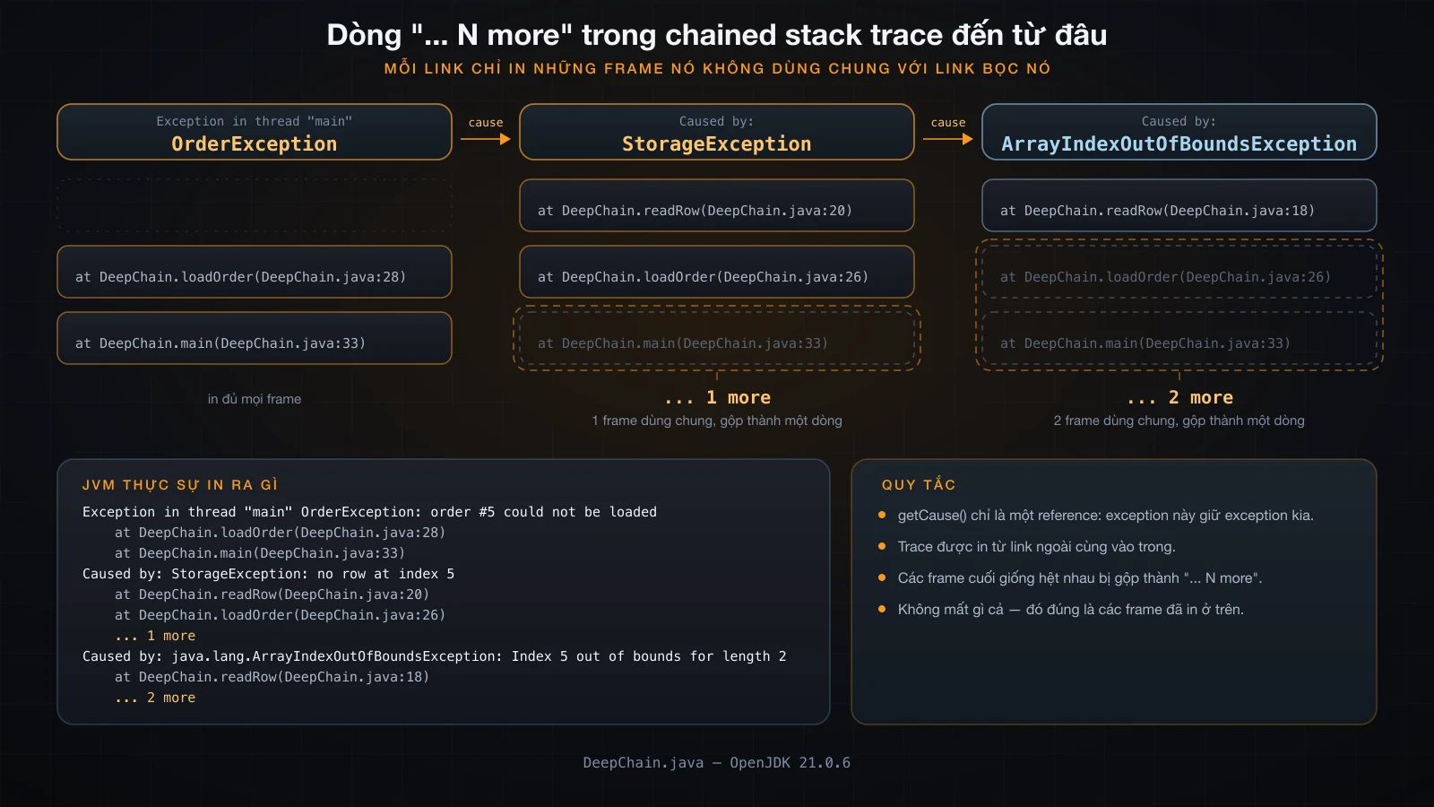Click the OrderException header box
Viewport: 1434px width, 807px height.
255,132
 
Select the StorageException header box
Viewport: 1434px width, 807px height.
716,132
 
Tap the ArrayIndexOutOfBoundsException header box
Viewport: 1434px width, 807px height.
1179,132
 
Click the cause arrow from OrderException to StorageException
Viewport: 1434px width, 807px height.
485,138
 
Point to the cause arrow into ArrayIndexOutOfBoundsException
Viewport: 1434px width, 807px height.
947,138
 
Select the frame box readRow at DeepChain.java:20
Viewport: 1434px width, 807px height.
716,205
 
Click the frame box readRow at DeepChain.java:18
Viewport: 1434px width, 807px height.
1179,205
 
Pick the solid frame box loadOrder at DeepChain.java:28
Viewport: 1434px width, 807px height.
255,272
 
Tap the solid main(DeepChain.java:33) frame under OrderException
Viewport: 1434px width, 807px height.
255,338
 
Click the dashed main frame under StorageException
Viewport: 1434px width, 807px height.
716,338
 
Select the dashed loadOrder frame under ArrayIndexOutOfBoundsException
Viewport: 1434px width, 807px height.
1179,272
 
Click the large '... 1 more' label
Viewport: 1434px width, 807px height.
717,398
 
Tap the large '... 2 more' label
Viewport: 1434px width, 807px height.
1179,398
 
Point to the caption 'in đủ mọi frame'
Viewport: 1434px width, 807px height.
255,399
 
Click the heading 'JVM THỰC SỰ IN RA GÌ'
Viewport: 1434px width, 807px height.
180,485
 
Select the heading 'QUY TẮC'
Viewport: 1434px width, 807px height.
919,485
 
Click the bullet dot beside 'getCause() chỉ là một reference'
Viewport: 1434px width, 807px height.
882,515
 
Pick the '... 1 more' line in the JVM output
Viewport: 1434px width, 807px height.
155,636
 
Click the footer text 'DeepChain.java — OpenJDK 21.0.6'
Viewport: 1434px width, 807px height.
716,763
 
